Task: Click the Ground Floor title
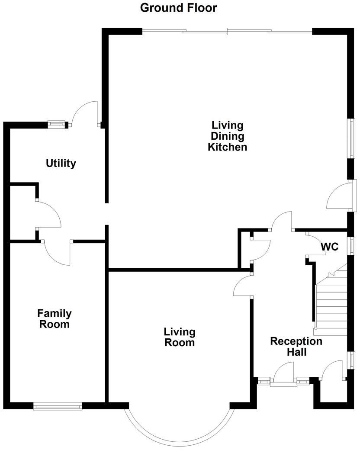pyautogui.click(x=178, y=8)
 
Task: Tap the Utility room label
pyautogui.click(x=61, y=163)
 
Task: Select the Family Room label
pyautogui.click(x=55, y=318)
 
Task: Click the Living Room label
pyautogui.click(x=180, y=337)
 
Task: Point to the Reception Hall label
pyautogui.click(x=296, y=347)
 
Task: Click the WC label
pyautogui.click(x=330, y=247)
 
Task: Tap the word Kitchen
pyautogui.click(x=227, y=147)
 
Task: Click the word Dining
pyautogui.click(x=227, y=136)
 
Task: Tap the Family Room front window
pyautogui.click(x=58, y=406)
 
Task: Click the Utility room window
pyautogui.click(x=56, y=124)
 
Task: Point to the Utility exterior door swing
pyautogui.click(x=85, y=114)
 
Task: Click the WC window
pyautogui.click(x=351, y=245)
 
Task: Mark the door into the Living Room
pyautogui.click(x=243, y=285)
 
